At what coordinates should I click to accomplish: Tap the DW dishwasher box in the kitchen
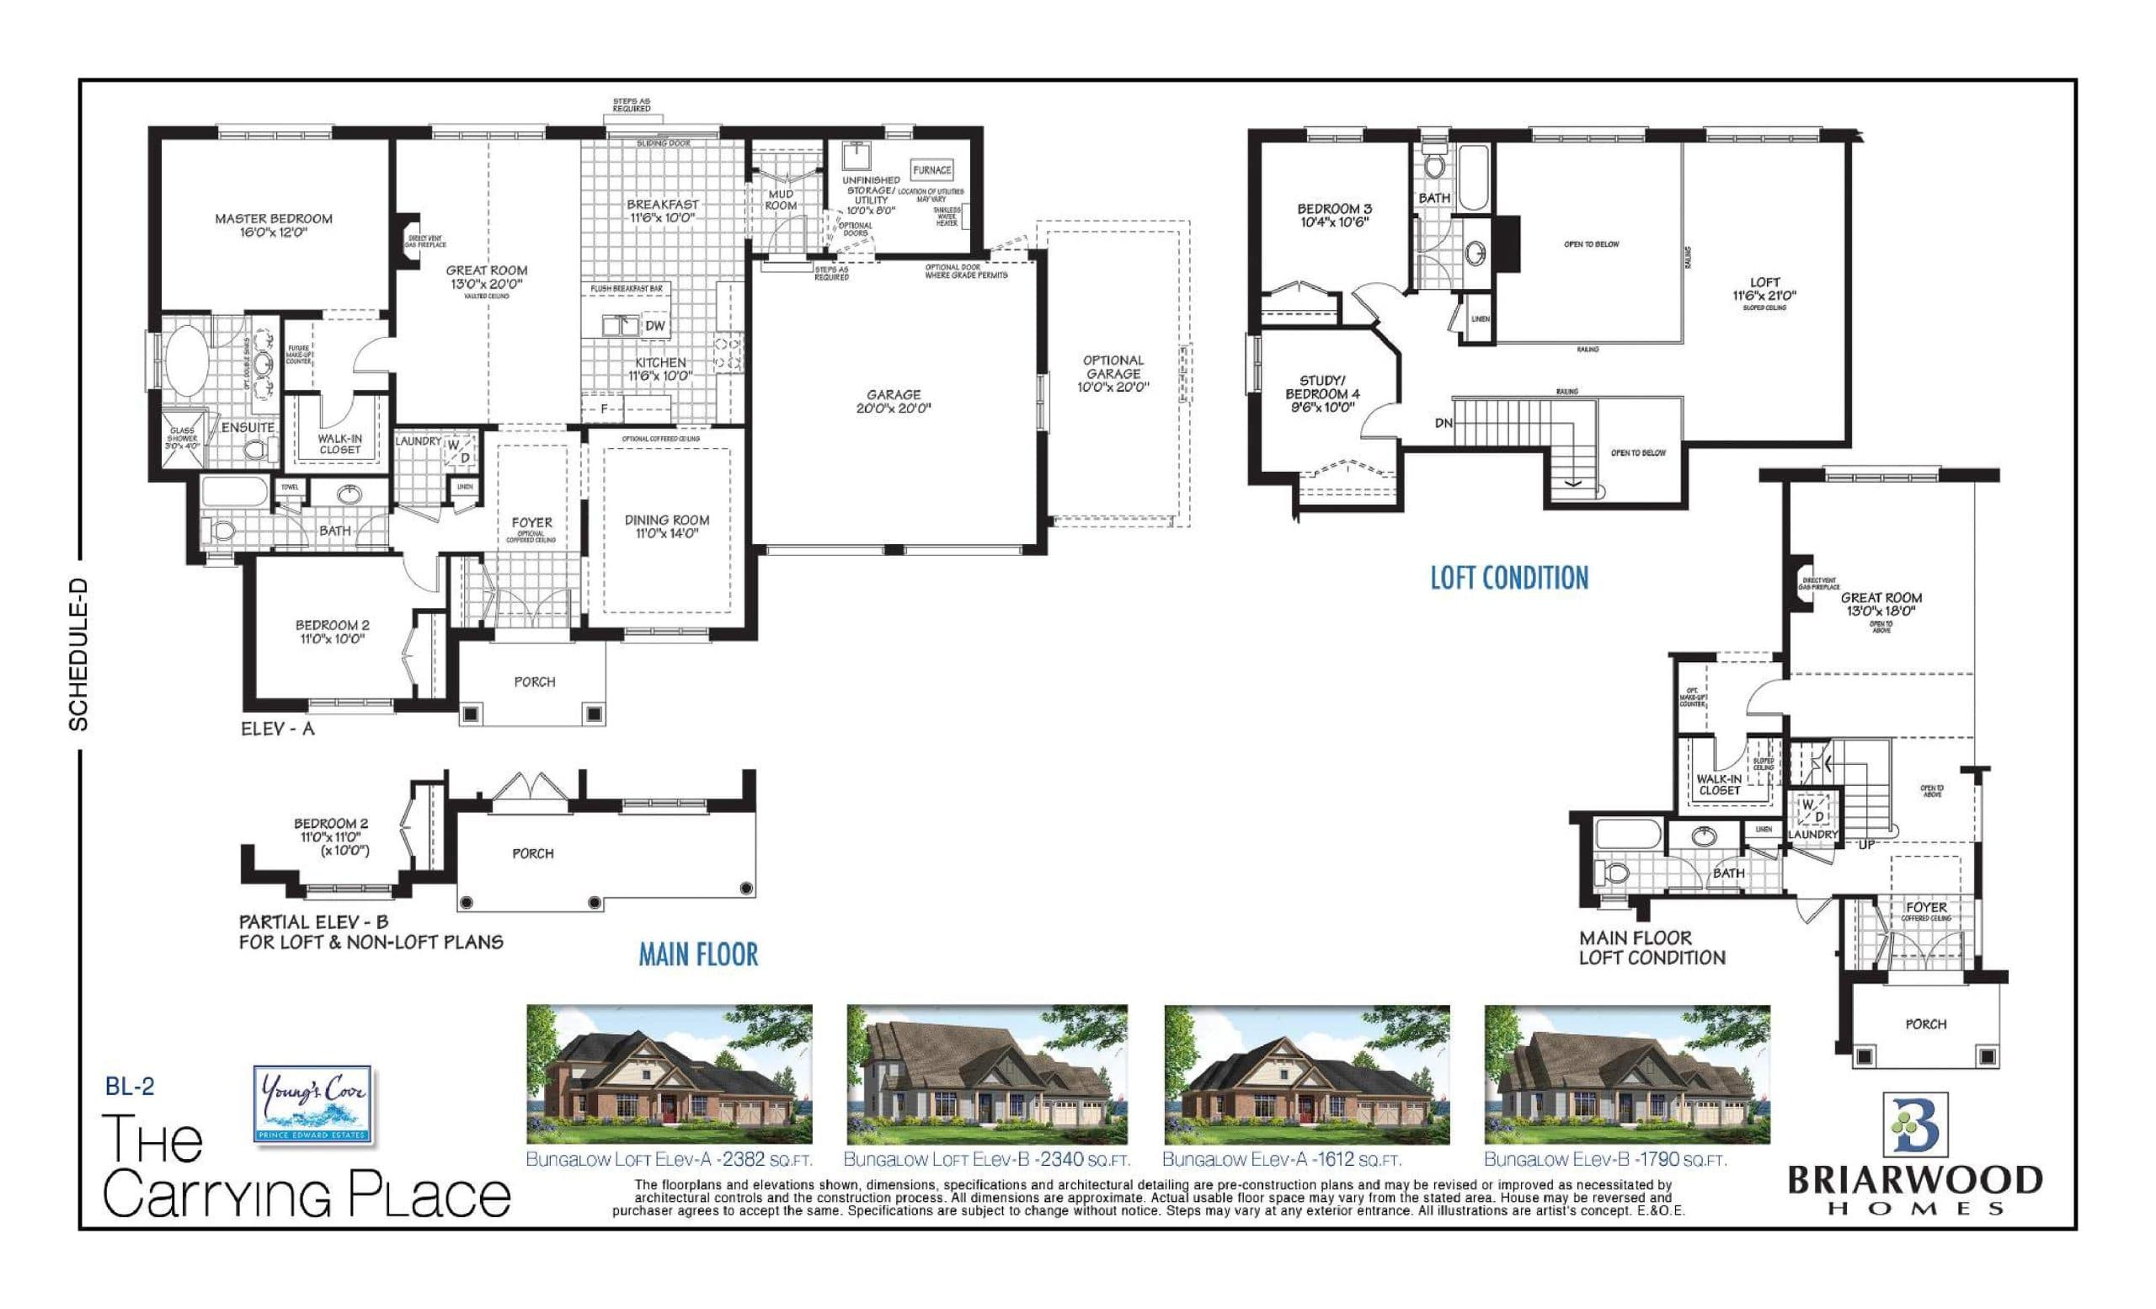tap(654, 325)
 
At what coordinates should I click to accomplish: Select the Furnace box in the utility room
tap(931, 171)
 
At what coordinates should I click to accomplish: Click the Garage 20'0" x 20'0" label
tap(894, 402)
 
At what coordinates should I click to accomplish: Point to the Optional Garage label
tap(1113, 373)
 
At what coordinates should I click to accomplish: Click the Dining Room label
tap(667, 526)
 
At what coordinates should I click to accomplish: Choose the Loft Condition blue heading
tap(1508, 579)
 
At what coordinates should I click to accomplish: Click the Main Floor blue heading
tap(697, 954)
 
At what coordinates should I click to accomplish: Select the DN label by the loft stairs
tap(1443, 424)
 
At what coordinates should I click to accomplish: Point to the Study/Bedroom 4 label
tap(1321, 393)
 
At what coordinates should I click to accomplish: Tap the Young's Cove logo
tap(313, 1103)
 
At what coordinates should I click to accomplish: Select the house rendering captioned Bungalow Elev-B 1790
tap(1626, 1075)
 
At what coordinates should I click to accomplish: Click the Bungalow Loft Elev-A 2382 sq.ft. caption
tap(669, 1160)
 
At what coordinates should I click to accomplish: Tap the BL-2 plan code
tap(130, 1087)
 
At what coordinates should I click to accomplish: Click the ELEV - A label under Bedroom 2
tap(277, 728)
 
